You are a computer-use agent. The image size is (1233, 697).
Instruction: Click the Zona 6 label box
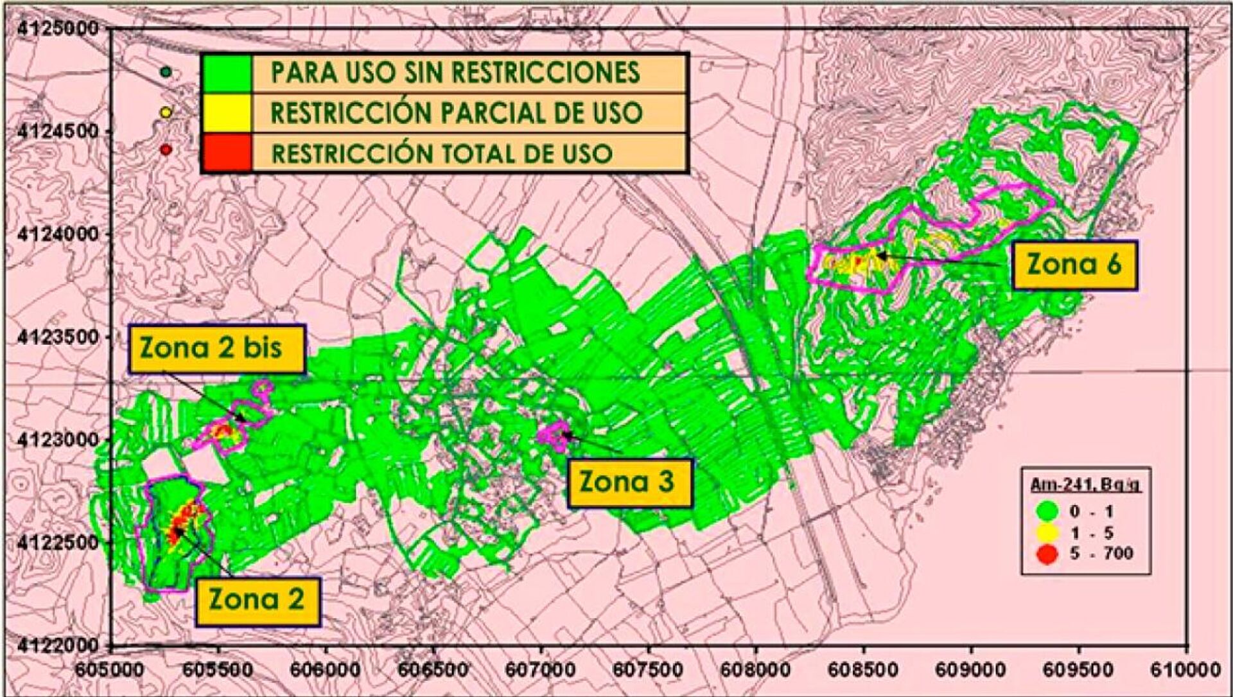pyautogui.click(x=1074, y=265)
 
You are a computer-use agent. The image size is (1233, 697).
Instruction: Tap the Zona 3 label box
pyautogui.click(x=629, y=482)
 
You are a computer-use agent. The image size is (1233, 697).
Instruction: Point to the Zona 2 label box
pyautogui.click(x=257, y=601)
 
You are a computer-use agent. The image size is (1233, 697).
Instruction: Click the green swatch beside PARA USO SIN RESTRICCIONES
pyautogui.click(x=227, y=73)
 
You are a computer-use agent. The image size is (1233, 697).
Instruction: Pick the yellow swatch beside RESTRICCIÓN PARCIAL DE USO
pyautogui.click(x=227, y=112)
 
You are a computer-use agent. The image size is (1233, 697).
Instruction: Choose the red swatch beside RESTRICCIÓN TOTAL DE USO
pyautogui.click(x=227, y=153)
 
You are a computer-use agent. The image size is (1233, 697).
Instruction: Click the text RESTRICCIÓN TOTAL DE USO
pyautogui.click(x=442, y=154)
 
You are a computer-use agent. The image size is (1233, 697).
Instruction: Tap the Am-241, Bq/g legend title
pyautogui.click(x=1085, y=485)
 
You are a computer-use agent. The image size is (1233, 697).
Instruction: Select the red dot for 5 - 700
pyautogui.click(x=1047, y=554)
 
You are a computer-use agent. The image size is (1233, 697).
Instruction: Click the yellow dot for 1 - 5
pyautogui.click(x=1047, y=533)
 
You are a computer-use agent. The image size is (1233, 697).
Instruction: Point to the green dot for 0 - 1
pyautogui.click(x=1047, y=511)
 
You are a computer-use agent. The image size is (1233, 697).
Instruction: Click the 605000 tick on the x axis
pyautogui.click(x=110, y=669)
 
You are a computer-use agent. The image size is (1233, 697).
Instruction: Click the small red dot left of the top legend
pyautogui.click(x=166, y=150)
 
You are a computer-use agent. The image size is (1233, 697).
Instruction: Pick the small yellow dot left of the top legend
pyautogui.click(x=166, y=112)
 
